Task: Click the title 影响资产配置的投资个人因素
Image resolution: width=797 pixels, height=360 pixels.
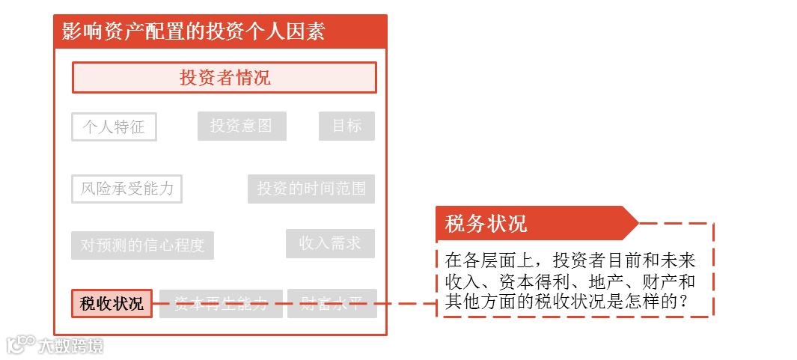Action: point(193,32)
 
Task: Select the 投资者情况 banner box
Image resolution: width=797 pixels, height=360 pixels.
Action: point(224,78)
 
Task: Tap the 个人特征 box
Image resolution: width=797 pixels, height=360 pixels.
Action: point(114,126)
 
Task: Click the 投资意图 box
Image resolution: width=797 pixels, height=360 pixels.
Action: point(242,126)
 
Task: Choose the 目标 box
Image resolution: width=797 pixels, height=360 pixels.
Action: point(346,126)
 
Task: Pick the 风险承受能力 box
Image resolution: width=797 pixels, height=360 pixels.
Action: point(126,189)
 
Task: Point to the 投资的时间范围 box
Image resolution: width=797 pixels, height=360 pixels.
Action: point(311,189)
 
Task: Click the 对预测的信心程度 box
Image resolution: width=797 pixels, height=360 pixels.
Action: point(142,245)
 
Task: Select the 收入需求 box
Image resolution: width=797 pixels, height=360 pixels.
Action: point(330,243)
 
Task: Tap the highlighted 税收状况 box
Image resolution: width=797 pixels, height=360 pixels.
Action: point(112,304)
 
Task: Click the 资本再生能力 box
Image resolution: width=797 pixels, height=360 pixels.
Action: point(221,304)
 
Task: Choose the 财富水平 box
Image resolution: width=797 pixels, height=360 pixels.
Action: point(332,304)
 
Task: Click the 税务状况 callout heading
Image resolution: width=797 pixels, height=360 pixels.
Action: point(486,223)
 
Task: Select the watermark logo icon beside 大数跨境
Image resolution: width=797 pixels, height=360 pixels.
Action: point(20,344)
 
